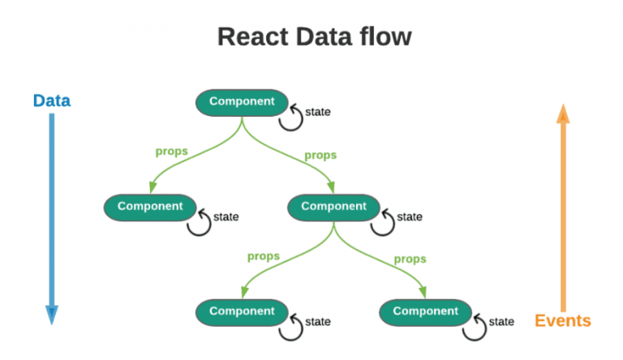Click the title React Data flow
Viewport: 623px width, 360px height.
(x=314, y=36)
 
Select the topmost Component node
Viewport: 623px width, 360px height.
(x=242, y=102)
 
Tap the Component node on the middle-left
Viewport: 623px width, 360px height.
(x=150, y=207)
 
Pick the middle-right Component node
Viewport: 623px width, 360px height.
(x=333, y=207)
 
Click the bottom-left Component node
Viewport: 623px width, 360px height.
(x=242, y=311)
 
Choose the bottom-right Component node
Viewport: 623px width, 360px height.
(x=425, y=311)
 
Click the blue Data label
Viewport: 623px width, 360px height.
(x=51, y=101)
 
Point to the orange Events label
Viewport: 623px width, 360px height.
(x=562, y=320)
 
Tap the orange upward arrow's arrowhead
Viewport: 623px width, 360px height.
(x=562, y=114)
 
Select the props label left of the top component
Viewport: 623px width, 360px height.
(x=172, y=151)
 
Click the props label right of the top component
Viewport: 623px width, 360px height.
(x=320, y=155)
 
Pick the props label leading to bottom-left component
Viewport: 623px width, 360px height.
(x=263, y=256)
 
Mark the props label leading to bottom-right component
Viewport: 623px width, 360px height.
(x=410, y=259)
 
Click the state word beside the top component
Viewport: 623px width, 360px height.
(x=317, y=112)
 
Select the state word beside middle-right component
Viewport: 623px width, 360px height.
(x=410, y=216)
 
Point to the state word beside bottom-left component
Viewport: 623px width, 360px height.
(x=317, y=322)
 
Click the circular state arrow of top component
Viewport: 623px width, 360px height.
(x=290, y=117)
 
